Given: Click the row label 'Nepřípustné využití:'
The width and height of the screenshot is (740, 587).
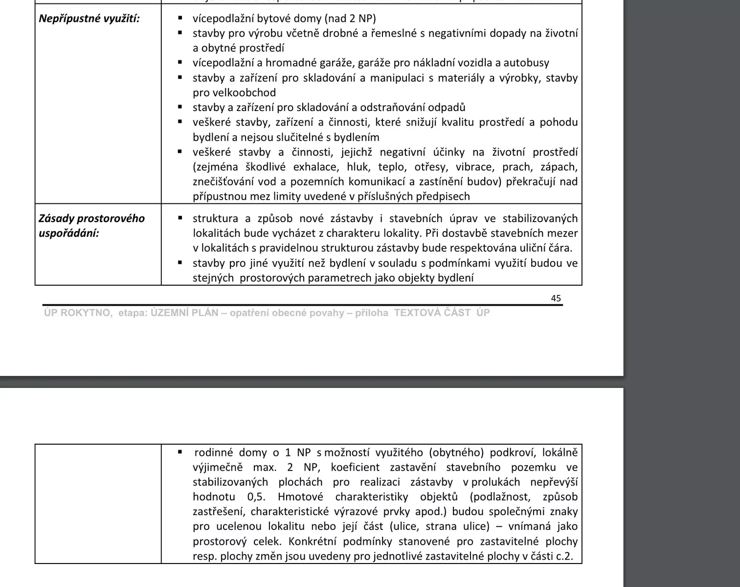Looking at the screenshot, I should click(x=89, y=19).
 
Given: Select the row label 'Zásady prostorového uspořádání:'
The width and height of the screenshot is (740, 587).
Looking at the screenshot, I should click(x=91, y=226).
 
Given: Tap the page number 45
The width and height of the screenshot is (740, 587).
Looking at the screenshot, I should click(x=556, y=298).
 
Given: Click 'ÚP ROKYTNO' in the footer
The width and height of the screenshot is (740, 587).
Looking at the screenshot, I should click(x=77, y=313).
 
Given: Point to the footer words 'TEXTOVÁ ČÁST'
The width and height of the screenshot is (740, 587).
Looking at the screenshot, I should click(x=432, y=313).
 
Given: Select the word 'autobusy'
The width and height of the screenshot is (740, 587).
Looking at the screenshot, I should click(x=526, y=63).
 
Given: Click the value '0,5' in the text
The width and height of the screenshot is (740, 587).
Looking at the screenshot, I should click(x=256, y=497).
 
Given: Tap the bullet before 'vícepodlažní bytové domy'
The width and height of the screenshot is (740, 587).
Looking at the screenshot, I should click(x=180, y=18).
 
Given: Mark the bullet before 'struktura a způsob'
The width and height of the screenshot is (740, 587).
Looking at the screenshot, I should click(x=180, y=218).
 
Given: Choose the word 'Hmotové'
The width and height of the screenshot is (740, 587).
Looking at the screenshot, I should click(x=300, y=497).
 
